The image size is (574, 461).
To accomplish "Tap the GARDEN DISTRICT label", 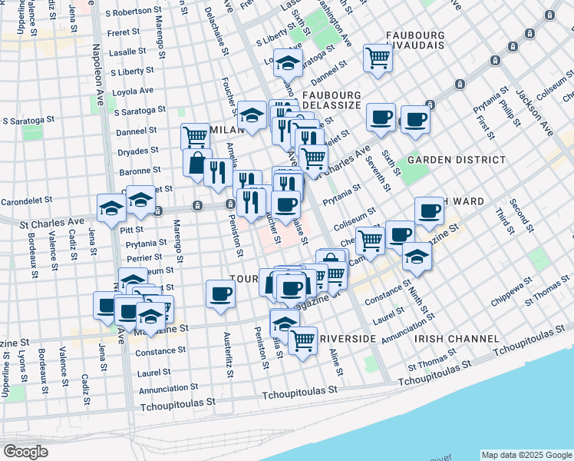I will (x=457, y=160).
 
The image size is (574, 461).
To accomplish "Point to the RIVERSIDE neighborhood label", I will (x=348, y=338).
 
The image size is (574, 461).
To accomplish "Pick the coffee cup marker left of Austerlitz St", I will (x=220, y=293).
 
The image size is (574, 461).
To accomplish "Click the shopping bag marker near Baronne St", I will (x=197, y=162).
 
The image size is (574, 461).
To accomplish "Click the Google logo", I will (x=25, y=451).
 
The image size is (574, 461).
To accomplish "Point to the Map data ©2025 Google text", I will (x=526, y=454).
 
